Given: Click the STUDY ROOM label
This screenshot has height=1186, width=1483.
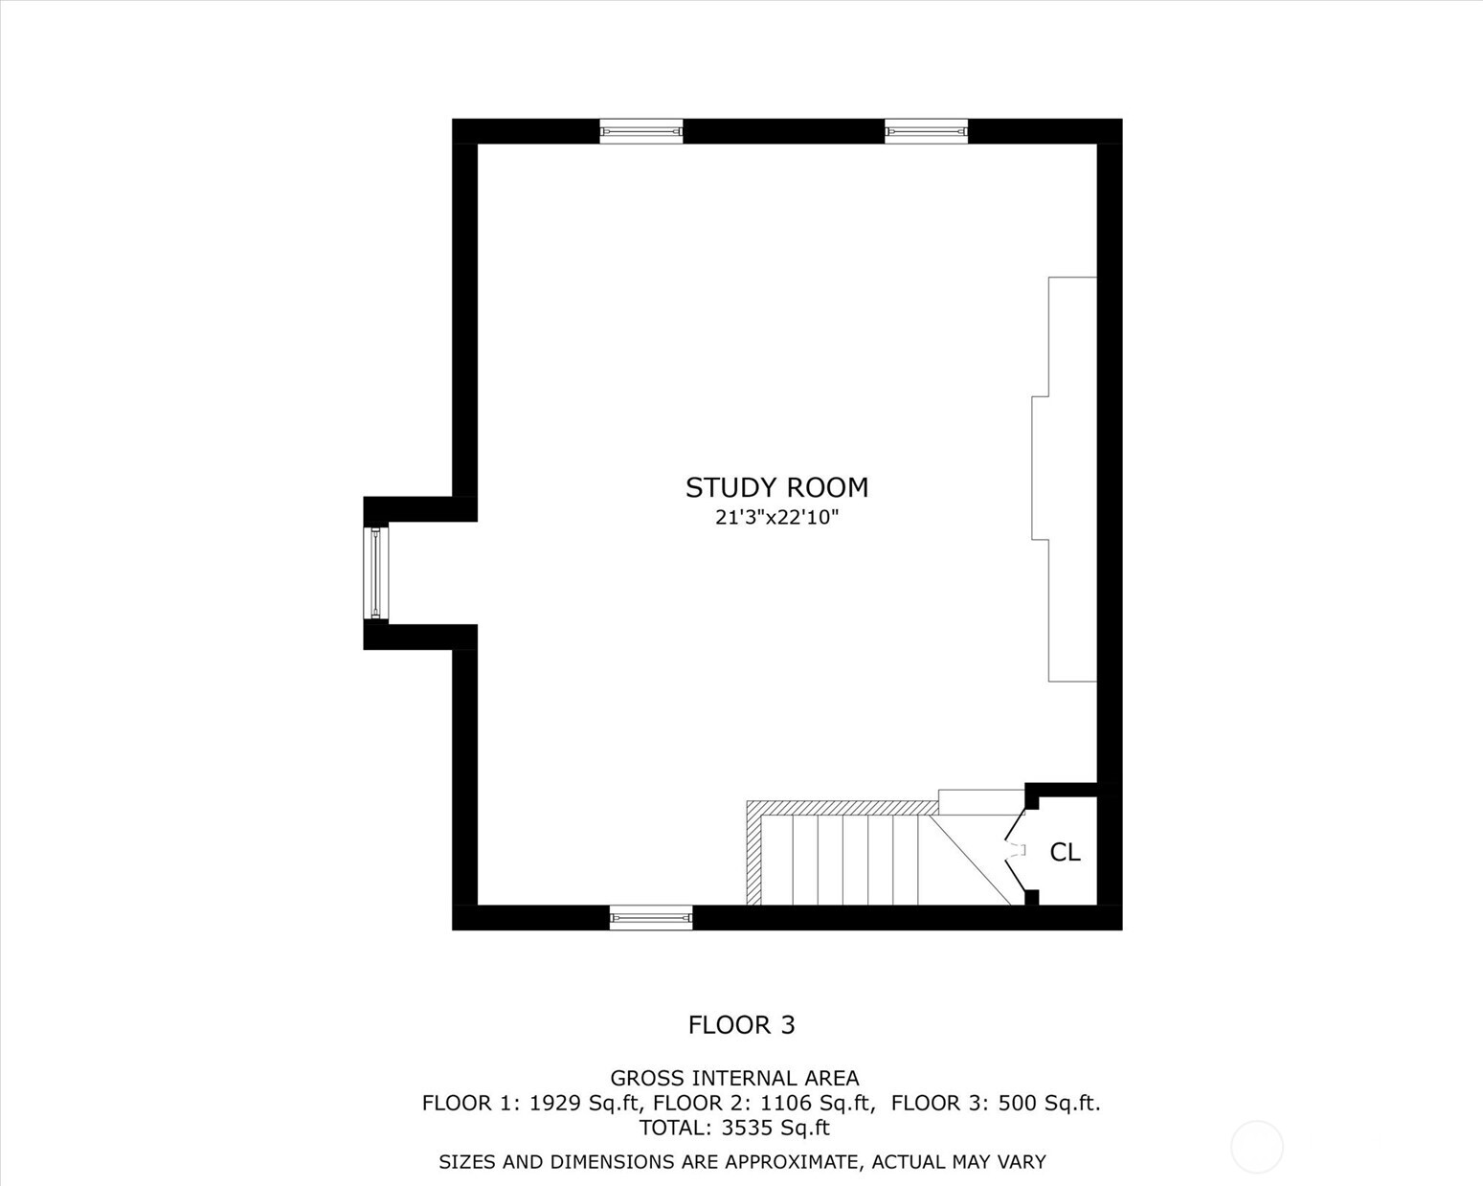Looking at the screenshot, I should (776, 488).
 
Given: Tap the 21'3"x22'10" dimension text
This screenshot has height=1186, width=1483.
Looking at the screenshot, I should (776, 518).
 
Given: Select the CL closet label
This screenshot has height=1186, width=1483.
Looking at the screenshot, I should (1065, 852).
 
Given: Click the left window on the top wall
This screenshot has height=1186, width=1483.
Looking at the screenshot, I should (641, 131).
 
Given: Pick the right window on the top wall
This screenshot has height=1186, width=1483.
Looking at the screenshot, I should (926, 131).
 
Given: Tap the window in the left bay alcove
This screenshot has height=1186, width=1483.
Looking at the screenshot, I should (376, 572).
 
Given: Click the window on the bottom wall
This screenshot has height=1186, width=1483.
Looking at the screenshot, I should (651, 918).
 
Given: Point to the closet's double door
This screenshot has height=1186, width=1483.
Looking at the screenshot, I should (1014, 850).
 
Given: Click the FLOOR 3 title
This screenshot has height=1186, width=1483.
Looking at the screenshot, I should (741, 1025).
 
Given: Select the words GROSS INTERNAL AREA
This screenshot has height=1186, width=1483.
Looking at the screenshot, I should (734, 1079).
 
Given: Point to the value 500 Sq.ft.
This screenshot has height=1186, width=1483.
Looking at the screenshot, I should (1048, 1103).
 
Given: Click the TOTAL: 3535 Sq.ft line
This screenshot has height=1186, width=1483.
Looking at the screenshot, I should (734, 1128).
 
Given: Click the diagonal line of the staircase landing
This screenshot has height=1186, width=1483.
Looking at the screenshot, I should (971, 860).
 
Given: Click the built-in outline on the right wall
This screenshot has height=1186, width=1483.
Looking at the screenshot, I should (1066, 479).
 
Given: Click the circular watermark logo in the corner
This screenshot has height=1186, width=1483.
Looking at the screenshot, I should (1256, 1146).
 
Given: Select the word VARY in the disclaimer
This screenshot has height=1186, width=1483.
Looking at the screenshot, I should (1022, 1162).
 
